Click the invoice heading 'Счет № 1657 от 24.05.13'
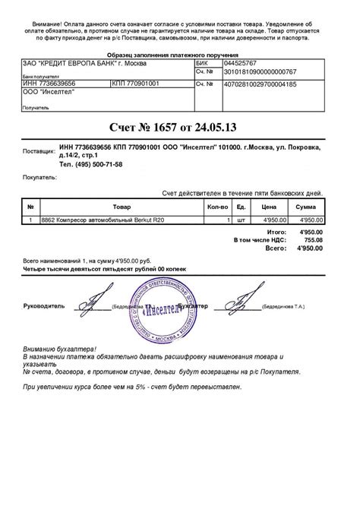pyautogui.click(x=179, y=125)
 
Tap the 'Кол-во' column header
pyautogui.click(x=216, y=206)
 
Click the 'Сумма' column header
pyautogui.click(x=306, y=206)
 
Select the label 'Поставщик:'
pyautogui.click(x=39, y=151)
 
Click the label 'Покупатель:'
pyautogui.click(x=40, y=176)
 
